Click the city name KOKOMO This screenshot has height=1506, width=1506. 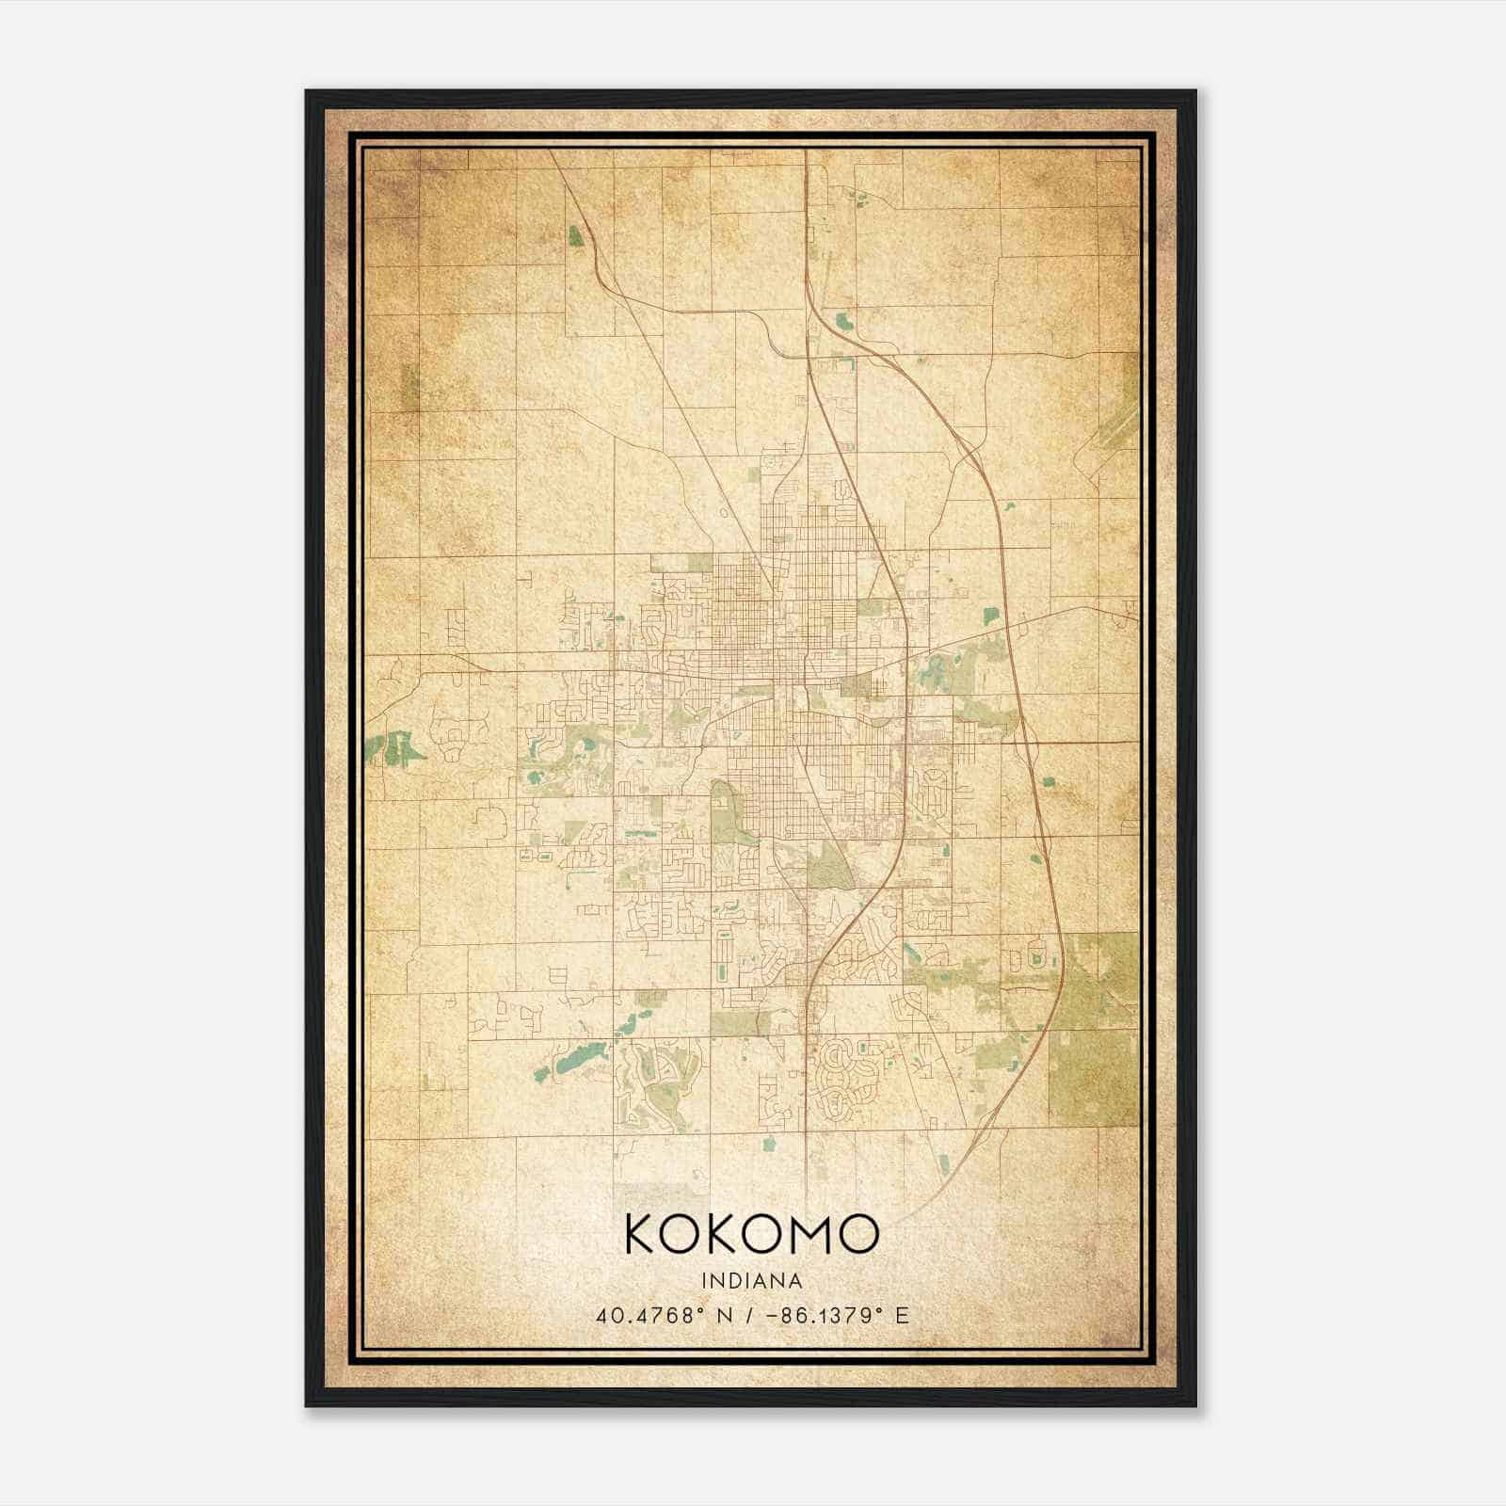pyautogui.click(x=751, y=1234)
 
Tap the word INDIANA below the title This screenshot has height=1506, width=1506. pyautogui.click(x=751, y=1281)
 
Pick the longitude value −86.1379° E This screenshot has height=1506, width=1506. pyautogui.click(x=831, y=1315)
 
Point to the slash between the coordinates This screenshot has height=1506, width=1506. pyautogui.click(x=749, y=1315)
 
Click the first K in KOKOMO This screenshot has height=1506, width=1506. pyautogui.click(x=642, y=1234)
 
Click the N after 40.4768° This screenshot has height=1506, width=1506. pyautogui.click(x=725, y=1315)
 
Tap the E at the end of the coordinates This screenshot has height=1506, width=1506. pyautogui.click(x=903, y=1315)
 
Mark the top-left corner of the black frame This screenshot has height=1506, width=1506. pyautogui.click(x=307, y=91)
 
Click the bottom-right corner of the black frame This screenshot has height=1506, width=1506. pyautogui.click(x=1194, y=1405)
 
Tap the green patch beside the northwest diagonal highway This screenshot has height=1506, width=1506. pyautogui.click(x=576, y=236)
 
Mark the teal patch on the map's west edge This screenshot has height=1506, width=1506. pyautogui.click(x=395, y=749)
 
